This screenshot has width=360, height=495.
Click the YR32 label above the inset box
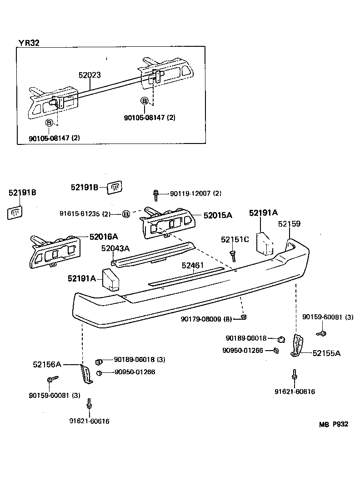tap(29, 43)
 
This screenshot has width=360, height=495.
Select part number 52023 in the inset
tap(89, 75)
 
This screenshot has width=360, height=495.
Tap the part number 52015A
tap(218, 215)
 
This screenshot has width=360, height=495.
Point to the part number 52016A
tap(104, 236)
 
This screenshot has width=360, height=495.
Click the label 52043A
tap(115, 248)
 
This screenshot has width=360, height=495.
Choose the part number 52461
tap(193, 265)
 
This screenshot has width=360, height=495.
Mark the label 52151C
tap(235, 239)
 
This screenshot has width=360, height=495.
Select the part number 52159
tap(289, 224)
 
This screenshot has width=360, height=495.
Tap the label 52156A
tap(47, 364)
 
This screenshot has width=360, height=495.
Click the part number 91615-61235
tap(85, 213)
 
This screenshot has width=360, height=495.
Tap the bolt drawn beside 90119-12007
tap(156, 195)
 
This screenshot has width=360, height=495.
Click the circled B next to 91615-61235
tap(126, 214)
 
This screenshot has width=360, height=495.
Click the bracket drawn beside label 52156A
tap(85, 373)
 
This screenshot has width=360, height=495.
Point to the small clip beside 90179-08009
tap(243, 317)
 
